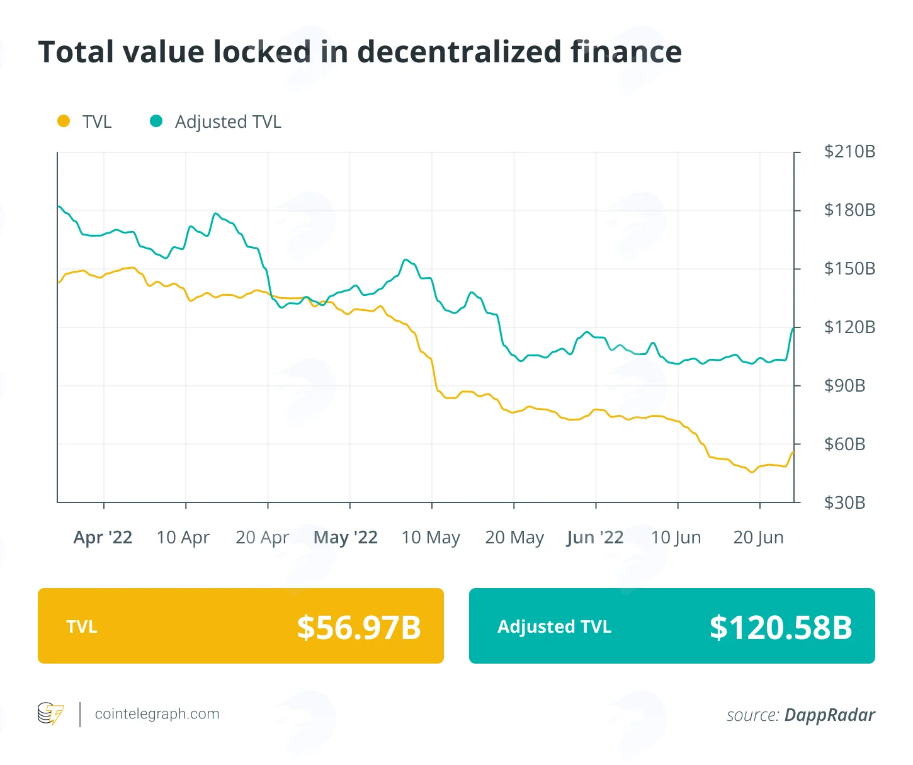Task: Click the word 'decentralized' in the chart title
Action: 459,52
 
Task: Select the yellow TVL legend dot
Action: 64,121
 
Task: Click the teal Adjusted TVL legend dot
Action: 156,121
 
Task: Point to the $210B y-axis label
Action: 849,152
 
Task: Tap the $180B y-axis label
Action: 849,210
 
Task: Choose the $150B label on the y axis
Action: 849,269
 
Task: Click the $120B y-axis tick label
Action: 849,327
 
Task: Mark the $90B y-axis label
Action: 844,386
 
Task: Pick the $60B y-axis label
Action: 844,445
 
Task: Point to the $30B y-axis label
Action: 844,503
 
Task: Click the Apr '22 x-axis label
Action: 103,538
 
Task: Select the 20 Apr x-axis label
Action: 263,538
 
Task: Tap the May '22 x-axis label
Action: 346,538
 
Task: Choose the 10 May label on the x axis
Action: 431,538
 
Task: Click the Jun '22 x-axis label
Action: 595,538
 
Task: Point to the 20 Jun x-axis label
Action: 758,538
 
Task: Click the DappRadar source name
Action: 829,715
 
